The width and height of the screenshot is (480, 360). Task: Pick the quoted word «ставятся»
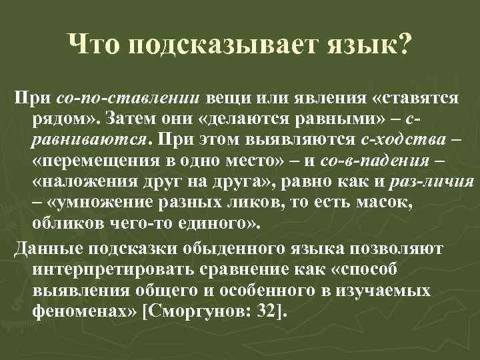pos(417,99)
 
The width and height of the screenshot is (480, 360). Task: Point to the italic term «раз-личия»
pos(434,183)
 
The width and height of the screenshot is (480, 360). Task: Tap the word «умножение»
pos(94,204)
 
